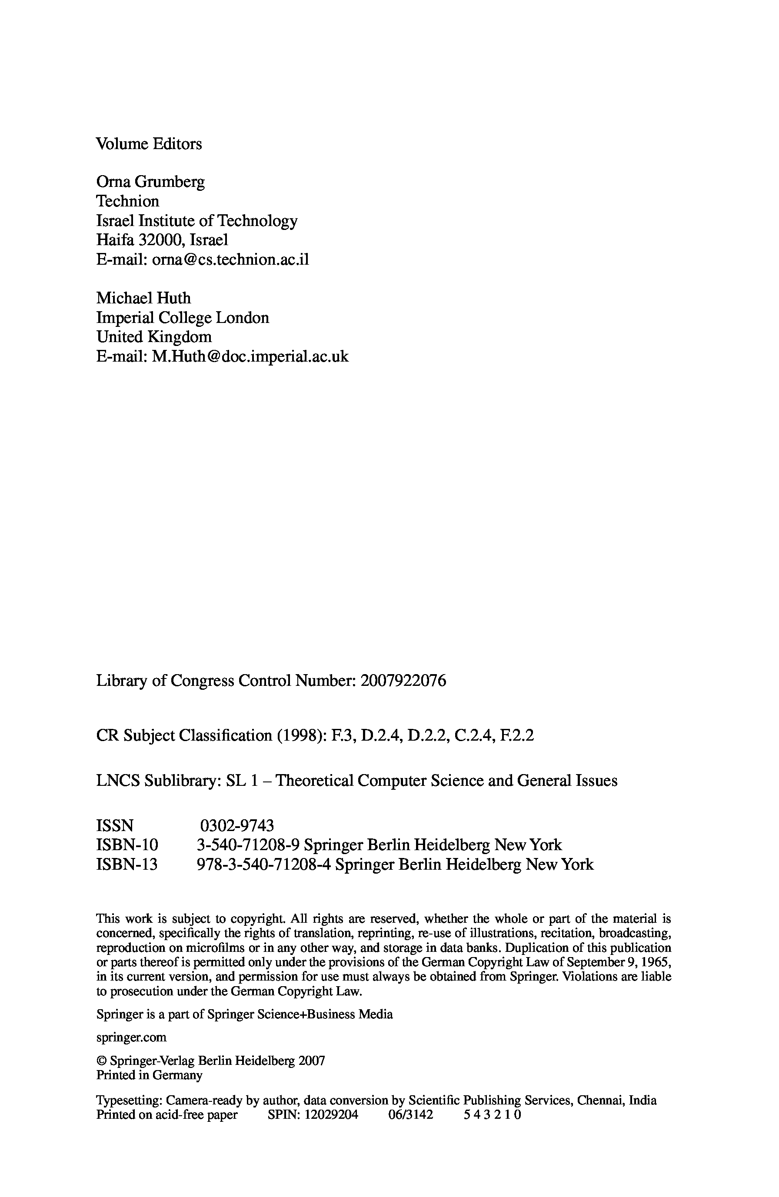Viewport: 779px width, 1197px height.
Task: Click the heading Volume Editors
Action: tap(149, 144)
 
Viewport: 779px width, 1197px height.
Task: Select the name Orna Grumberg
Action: tap(150, 182)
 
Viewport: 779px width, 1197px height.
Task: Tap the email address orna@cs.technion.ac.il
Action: tap(230, 259)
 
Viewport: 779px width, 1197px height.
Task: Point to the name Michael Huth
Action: tap(143, 298)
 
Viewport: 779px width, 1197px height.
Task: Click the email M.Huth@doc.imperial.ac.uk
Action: tap(250, 356)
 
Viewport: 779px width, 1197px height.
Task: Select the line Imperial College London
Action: tap(183, 318)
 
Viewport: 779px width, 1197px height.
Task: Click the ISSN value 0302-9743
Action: tap(237, 826)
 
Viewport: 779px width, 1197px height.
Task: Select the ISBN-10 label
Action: tap(127, 845)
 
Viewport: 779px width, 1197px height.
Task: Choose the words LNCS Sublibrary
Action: tap(158, 781)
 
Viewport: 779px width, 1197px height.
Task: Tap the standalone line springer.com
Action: tap(131, 1037)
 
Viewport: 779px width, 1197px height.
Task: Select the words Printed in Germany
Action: tap(150, 1075)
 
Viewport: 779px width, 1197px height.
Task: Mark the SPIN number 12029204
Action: tap(331, 1115)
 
